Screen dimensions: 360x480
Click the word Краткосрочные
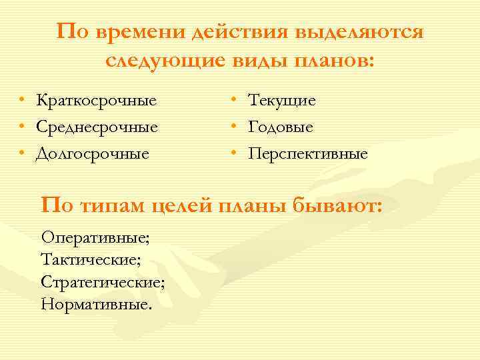click(x=97, y=101)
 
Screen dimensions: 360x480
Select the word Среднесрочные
click(x=97, y=127)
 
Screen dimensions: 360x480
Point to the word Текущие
click(x=282, y=101)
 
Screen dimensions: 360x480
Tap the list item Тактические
click(x=90, y=259)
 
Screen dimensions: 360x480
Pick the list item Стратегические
click(x=103, y=282)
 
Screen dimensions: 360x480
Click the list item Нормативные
click(x=96, y=305)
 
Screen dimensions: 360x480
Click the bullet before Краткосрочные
click(x=22, y=101)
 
